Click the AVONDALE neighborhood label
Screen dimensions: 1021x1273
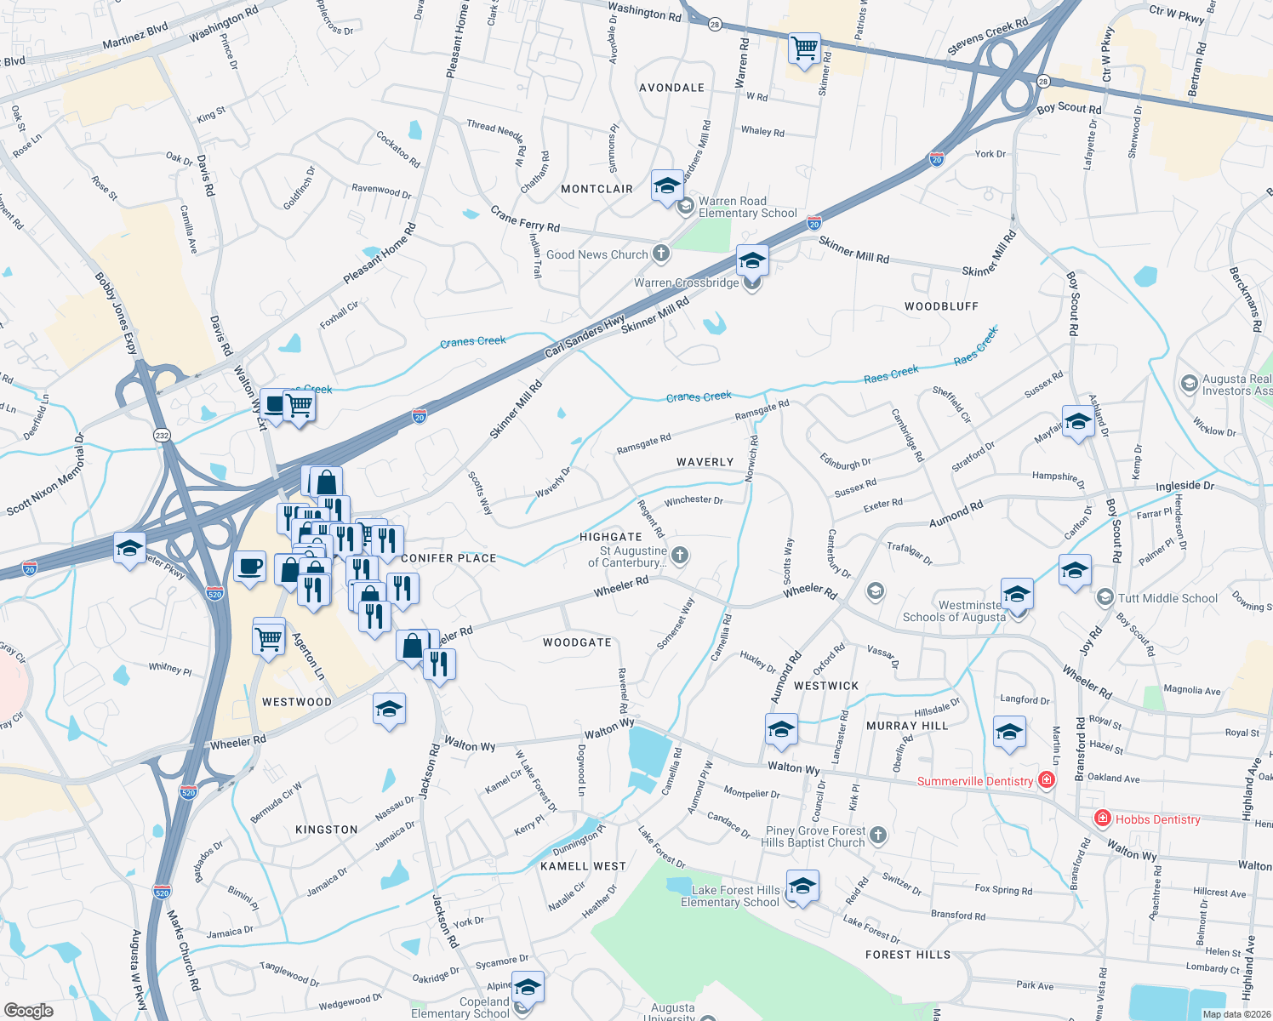click(671, 88)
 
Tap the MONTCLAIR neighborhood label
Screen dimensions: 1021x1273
click(597, 189)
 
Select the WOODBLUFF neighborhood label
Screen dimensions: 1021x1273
click(941, 306)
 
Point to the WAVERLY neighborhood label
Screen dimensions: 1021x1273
click(705, 462)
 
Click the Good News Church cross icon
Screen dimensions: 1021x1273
click(661, 254)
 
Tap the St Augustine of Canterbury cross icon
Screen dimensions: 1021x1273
click(679, 556)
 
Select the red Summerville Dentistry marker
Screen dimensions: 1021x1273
click(1047, 780)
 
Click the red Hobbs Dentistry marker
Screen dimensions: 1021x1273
click(1103, 819)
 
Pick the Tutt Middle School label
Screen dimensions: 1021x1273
click(1167, 598)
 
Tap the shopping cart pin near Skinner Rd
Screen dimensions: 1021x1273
click(804, 48)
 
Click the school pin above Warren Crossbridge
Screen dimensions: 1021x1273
click(752, 260)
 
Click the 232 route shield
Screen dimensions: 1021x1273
click(162, 435)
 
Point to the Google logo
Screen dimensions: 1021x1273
click(28, 1011)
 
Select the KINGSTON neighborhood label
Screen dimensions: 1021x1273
click(326, 830)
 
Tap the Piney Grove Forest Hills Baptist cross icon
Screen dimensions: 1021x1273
click(878, 836)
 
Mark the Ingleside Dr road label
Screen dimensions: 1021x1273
click(1185, 486)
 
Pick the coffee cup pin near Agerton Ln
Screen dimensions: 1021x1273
click(249, 568)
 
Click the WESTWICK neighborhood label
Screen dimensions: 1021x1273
click(825, 686)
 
